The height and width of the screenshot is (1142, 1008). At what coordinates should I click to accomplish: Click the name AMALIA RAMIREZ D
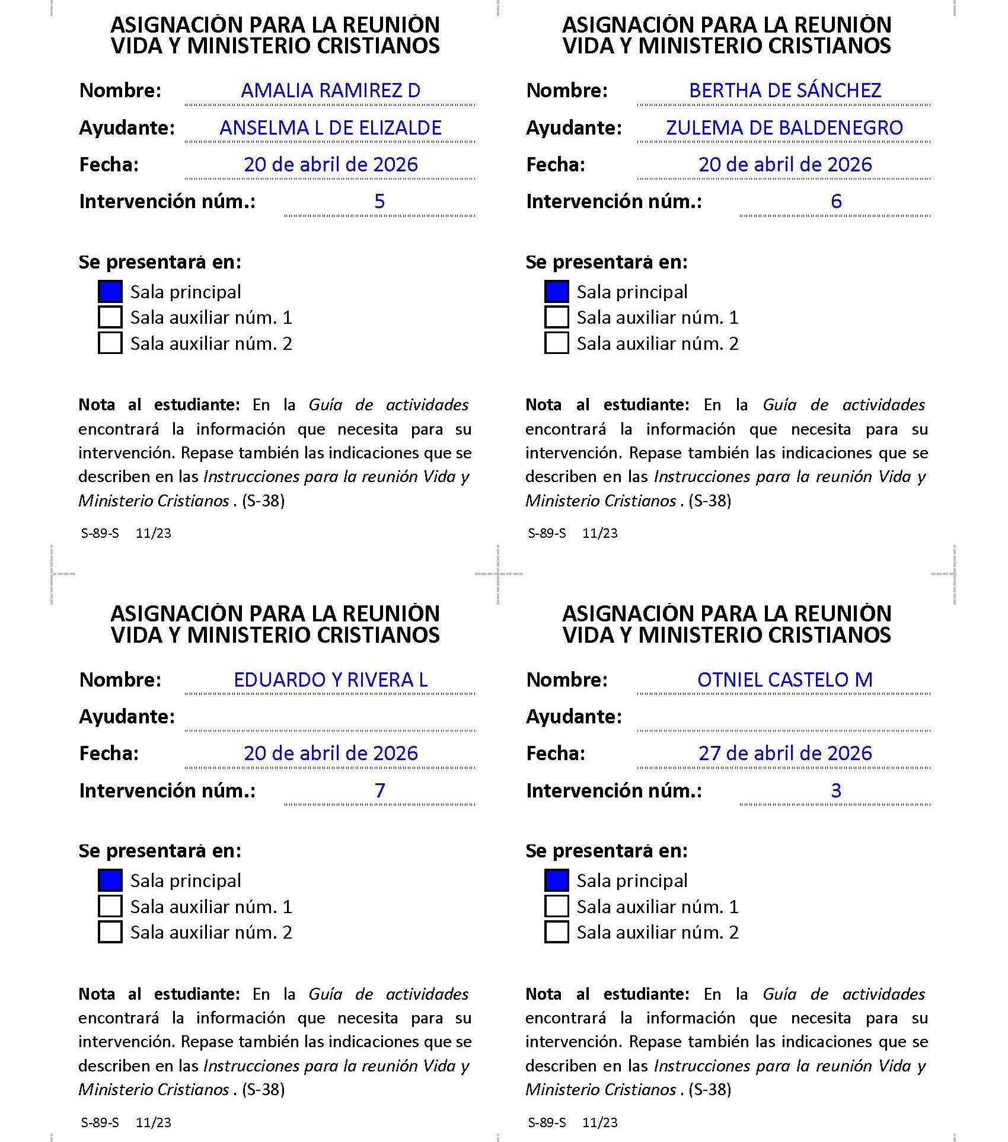tap(330, 91)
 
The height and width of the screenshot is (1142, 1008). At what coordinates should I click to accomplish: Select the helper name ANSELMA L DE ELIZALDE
tap(330, 128)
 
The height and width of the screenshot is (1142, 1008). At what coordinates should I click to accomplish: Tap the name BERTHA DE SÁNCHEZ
tap(784, 91)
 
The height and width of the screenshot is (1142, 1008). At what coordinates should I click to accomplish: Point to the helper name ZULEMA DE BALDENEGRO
tap(784, 128)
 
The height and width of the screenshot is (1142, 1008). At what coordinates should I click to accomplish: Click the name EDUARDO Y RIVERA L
tap(330, 680)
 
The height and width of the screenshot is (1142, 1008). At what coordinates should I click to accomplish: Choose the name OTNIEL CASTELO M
tap(784, 680)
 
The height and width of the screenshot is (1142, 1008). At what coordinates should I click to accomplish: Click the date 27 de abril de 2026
tap(784, 754)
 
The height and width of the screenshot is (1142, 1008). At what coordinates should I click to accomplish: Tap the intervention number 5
tap(379, 202)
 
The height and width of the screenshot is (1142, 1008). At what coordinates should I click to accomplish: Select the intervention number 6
tap(835, 202)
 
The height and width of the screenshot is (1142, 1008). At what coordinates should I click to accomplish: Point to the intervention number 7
tap(379, 790)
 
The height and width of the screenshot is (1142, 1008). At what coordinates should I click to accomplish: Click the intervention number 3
tap(835, 790)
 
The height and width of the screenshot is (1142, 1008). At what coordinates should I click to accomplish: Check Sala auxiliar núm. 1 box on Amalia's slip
tap(110, 317)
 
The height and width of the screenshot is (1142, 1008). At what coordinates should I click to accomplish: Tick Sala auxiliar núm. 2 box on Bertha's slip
tap(556, 343)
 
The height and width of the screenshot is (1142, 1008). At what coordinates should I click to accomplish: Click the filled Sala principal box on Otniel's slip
tap(556, 881)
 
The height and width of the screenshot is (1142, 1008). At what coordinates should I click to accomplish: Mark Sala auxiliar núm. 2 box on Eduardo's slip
tap(110, 932)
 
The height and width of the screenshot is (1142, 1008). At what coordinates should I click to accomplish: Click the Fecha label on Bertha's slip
tap(555, 165)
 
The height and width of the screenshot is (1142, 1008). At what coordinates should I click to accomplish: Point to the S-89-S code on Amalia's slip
tap(100, 533)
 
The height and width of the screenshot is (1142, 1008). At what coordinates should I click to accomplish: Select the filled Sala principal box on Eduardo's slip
tap(110, 881)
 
